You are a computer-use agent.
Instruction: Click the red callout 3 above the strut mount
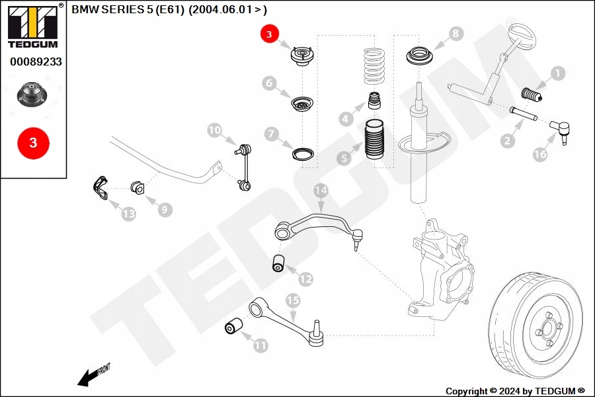[x=270, y=34]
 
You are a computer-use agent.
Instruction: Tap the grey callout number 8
[x=456, y=34]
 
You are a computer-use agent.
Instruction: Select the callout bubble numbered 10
[x=215, y=130]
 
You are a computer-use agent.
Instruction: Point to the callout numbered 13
[x=128, y=213]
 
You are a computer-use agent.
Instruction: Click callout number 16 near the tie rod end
[x=540, y=154]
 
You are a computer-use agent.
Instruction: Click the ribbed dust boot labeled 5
[x=374, y=142]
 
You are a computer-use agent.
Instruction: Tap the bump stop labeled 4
[x=375, y=103]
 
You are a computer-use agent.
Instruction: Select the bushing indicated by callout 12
[x=279, y=262]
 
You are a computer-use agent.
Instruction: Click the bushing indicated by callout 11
[x=233, y=326]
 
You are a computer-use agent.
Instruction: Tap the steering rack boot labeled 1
[x=531, y=96]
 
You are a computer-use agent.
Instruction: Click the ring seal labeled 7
[x=303, y=155]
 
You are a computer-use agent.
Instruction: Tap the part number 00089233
[x=36, y=62]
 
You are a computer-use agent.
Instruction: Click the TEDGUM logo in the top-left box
[x=32, y=26]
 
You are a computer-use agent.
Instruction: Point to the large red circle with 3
[x=32, y=142]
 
